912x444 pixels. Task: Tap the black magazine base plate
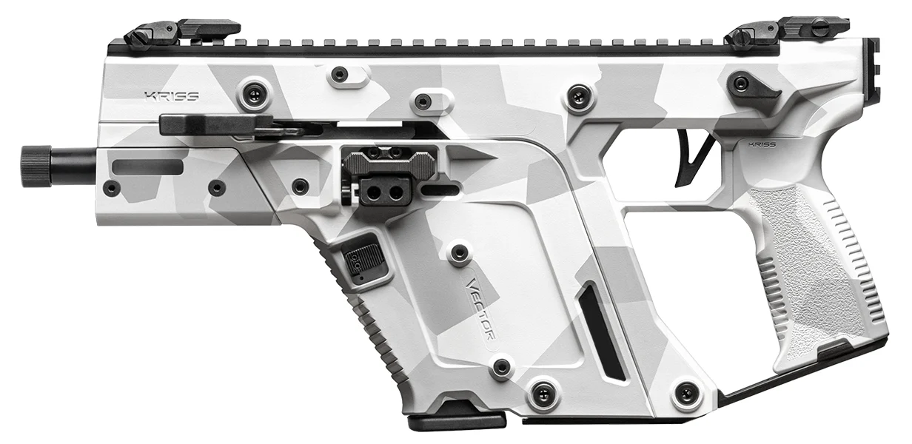click(x=456, y=420)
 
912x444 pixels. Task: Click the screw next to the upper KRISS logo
click(x=255, y=93)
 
